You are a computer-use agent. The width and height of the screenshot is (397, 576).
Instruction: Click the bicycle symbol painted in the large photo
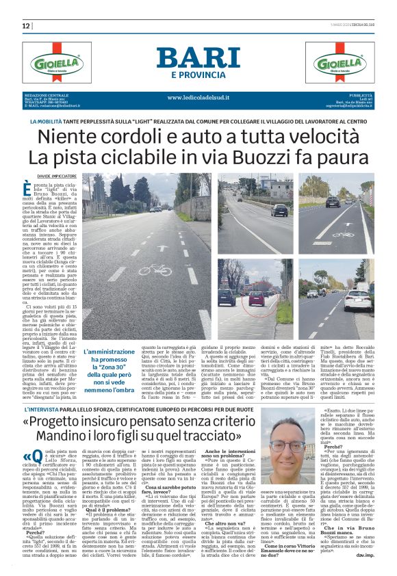point(155,269)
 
